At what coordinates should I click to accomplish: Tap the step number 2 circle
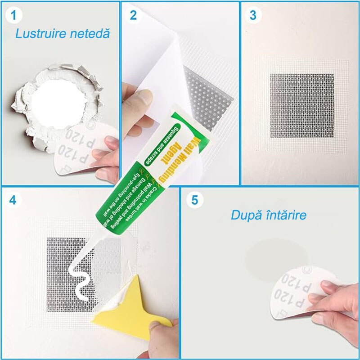[x=133, y=15]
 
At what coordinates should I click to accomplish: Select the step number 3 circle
[x=253, y=15]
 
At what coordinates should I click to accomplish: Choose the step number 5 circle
[x=194, y=200]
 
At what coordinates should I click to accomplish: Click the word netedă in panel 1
[x=89, y=33]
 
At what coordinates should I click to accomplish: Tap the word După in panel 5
[x=246, y=215]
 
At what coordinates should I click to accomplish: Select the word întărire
[x=286, y=215]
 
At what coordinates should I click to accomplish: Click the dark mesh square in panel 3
[x=301, y=106]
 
